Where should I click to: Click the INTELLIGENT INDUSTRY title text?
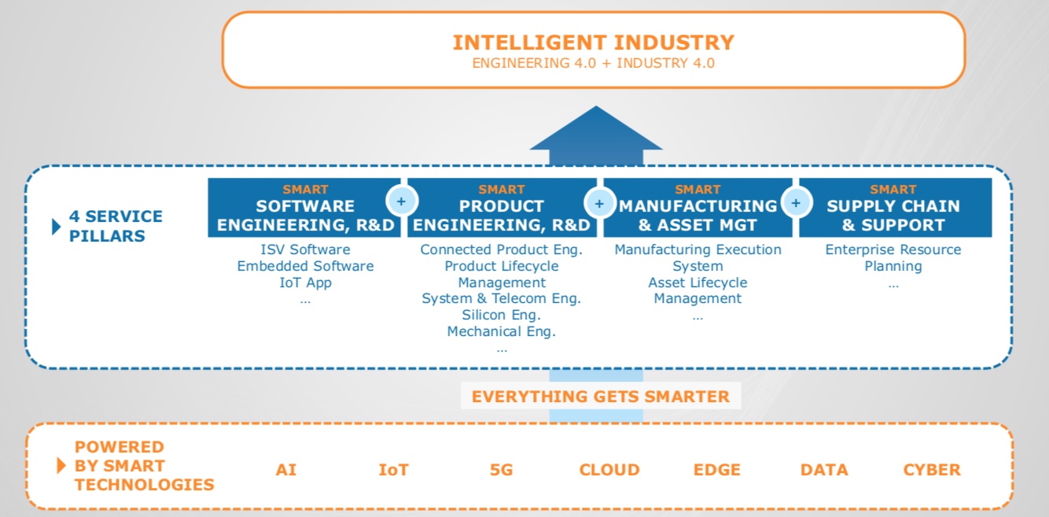coord(594,42)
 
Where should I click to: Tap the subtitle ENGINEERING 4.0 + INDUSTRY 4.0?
coord(594,63)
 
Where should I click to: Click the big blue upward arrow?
coord(596,136)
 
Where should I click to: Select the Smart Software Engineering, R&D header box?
coord(304,208)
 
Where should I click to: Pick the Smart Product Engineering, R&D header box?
coord(502,208)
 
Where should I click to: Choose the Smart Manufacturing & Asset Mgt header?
coord(697,208)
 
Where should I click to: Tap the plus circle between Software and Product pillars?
coord(402,201)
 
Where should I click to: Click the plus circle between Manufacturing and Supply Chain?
coord(796,203)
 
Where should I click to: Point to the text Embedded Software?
coord(305,266)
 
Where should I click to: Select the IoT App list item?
coord(305,283)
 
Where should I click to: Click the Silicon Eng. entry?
coord(501,315)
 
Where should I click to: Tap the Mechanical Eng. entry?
coord(501,332)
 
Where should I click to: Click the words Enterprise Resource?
coord(893,249)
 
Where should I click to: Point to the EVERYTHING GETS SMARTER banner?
coord(601,397)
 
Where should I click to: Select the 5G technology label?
coord(502,470)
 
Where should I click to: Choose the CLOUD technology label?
coord(609,470)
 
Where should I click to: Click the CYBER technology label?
coord(932,470)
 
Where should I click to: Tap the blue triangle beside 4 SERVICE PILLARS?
coord(56,227)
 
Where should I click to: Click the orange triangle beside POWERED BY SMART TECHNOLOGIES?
coord(61,465)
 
